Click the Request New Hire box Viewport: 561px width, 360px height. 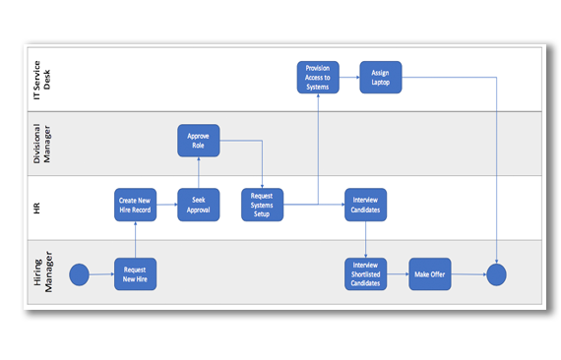tap(135, 273)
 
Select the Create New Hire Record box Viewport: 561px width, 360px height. tap(135, 205)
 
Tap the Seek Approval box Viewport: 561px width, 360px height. tap(198, 205)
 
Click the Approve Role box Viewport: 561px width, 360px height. tap(198, 141)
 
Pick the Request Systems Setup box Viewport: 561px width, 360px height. tap(262, 205)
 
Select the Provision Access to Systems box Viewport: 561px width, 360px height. tap(318, 77)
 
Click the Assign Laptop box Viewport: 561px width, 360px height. tap(380, 77)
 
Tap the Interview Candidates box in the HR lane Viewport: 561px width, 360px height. tap(365, 205)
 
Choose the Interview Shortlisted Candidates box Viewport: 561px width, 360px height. tap(365, 273)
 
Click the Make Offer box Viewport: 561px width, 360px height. tap(429, 273)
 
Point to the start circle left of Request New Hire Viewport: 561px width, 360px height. tap(79, 274)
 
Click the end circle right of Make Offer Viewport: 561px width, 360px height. tap(496, 274)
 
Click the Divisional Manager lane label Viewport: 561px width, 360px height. tap(42, 143)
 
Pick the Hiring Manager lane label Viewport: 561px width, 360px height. tap(42, 272)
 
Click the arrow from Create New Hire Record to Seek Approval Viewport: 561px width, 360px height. tap(166, 205)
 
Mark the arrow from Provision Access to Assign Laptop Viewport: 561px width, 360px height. tap(349, 77)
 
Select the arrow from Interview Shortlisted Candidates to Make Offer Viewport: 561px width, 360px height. tap(398, 273)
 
